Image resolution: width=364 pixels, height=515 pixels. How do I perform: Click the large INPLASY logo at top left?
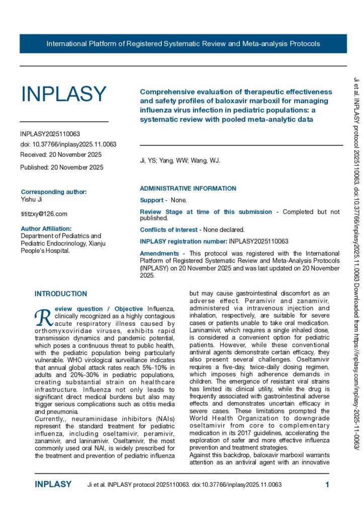point(63,94)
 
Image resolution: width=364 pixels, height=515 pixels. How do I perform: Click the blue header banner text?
point(183,44)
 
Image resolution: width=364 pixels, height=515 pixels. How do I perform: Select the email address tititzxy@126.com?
point(44,214)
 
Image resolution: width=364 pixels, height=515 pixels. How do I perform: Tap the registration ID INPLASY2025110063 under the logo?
point(50,134)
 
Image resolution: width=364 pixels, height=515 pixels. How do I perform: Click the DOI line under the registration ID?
point(68,144)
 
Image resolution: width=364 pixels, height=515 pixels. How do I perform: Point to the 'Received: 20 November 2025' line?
point(61,154)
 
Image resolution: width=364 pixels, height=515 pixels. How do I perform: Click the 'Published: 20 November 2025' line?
point(62,167)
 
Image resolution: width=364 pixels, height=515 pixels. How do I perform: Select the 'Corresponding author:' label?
point(54,192)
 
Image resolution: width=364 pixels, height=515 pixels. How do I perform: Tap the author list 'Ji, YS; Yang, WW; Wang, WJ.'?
point(179,161)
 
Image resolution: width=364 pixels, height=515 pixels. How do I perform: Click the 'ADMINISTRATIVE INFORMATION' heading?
point(188,189)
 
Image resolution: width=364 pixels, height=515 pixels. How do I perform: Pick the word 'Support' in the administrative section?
point(152,200)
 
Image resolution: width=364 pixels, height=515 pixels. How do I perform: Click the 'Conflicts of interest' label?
point(170,229)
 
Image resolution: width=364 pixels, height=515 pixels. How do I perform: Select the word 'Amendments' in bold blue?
point(159,253)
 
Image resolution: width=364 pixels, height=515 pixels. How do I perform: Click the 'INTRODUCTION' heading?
point(60,294)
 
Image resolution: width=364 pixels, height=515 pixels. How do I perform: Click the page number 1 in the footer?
point(327,485)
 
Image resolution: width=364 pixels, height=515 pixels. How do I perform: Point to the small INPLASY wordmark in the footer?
point(53,485)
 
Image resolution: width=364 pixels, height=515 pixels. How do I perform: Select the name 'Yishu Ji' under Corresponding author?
point(32,199)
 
